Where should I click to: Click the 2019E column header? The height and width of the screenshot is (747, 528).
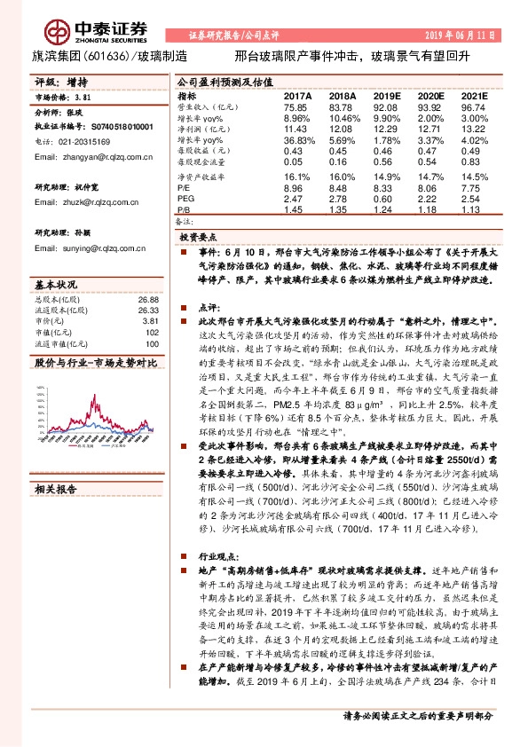(386, 95)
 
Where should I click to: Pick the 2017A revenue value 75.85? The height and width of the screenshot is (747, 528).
(296, 106)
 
